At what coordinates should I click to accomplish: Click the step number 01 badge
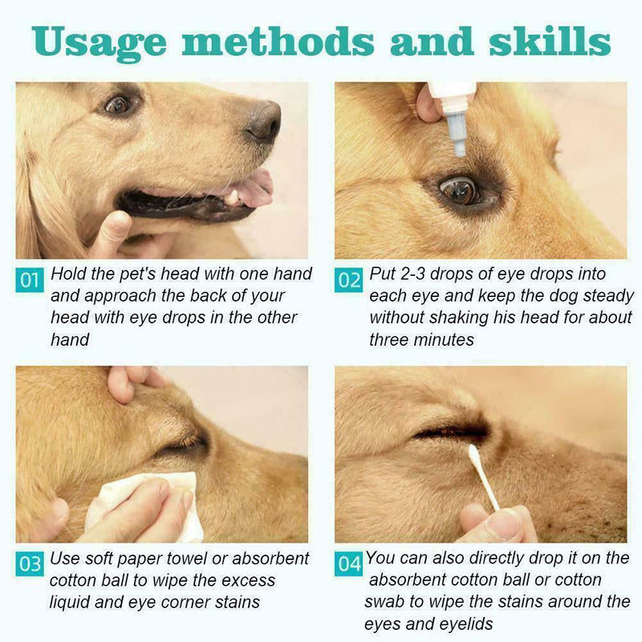[x=30, y=281]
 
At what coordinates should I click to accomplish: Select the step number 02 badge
[x=349, y=281]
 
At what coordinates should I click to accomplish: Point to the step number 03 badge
[x=30, y=564]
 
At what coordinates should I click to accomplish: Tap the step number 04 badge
[x=349, y=564]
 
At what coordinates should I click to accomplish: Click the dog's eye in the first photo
[x=118, y=104]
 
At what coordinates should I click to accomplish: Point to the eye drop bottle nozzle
[x=458, y=136]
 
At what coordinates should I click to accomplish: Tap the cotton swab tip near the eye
[x=474, y=457]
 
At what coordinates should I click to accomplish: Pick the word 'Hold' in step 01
[x=69, y=274]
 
